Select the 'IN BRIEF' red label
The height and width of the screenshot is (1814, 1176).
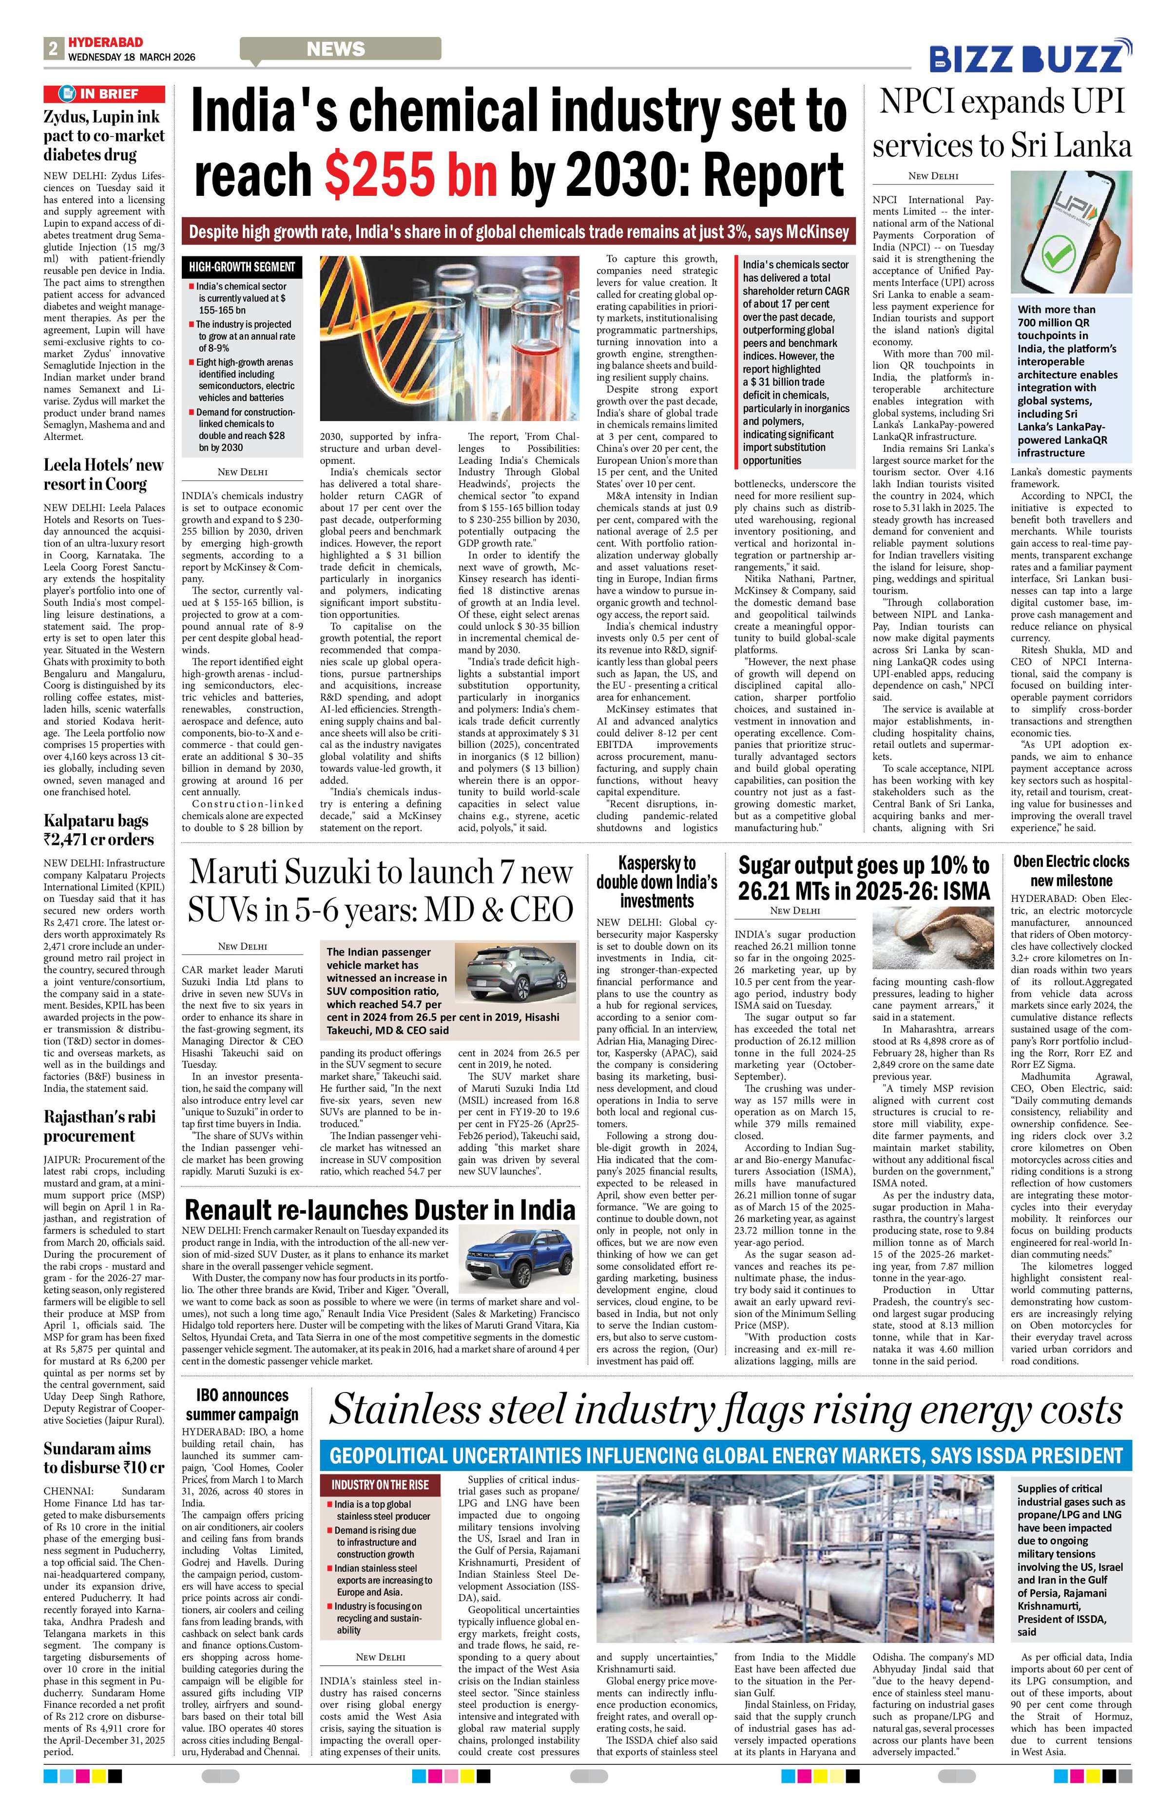coord(104,94)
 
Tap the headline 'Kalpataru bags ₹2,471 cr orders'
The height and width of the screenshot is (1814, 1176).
coord(99,830)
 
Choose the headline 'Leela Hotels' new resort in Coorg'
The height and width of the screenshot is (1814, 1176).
coord(104,474)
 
